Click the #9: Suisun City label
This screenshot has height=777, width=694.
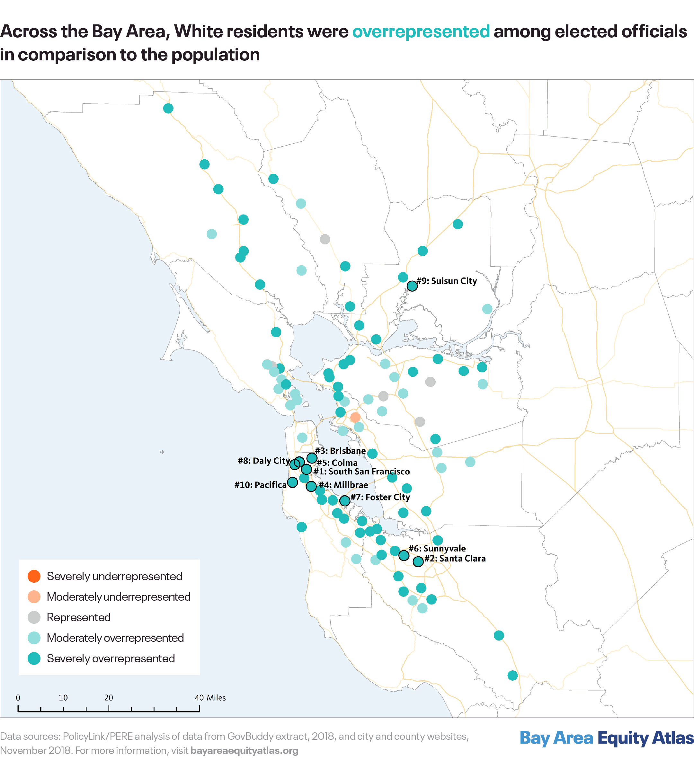pyautogui.click(x=447, y=281)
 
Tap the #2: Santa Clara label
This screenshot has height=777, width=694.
pyautogui.click(x=455, y=559)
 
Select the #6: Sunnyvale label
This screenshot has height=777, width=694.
pyautogui.click(x=437, y=549)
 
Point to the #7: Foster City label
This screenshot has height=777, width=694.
pyautogui.click(x=380, y=497)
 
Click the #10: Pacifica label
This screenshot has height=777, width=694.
pyautogui.click(x=261, y=485)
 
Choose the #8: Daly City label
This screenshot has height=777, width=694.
pyautogui.click(x=264, y=461)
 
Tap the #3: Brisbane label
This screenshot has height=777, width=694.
pyautogui.click(x=340, y=451)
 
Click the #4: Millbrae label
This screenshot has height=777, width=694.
pyautogui.click(x=343, y=485)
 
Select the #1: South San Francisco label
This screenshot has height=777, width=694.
pyautogui.click(x=361, y=472)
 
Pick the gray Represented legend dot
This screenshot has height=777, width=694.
pyautogui.click(x=34, y=617)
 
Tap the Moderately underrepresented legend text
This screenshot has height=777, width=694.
pyautogui.click(x=119, y=597)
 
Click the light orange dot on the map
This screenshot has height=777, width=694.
pyautogui.click(x=355, y=418)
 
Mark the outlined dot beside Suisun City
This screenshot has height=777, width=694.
pyautogui.click(x=412, y=286)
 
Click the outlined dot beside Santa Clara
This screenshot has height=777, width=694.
pyautogui.click(x=418, y=561)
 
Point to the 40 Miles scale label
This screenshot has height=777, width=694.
pyautogui.click(x=210, y=698)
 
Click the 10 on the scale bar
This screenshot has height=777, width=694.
pyautogui.click(x=63, y=698)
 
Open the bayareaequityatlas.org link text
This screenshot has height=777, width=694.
pyautogui.click(x=245, y=751)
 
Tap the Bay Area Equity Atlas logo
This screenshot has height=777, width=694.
pyautogui.click(x=606, y=738)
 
